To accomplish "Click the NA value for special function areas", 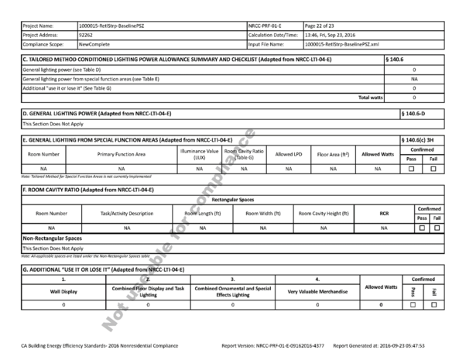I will [414, 78].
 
